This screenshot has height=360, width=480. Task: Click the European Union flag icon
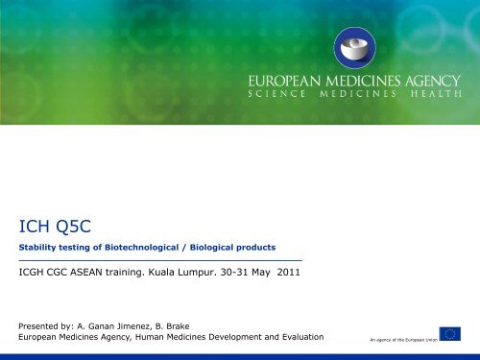449,334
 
